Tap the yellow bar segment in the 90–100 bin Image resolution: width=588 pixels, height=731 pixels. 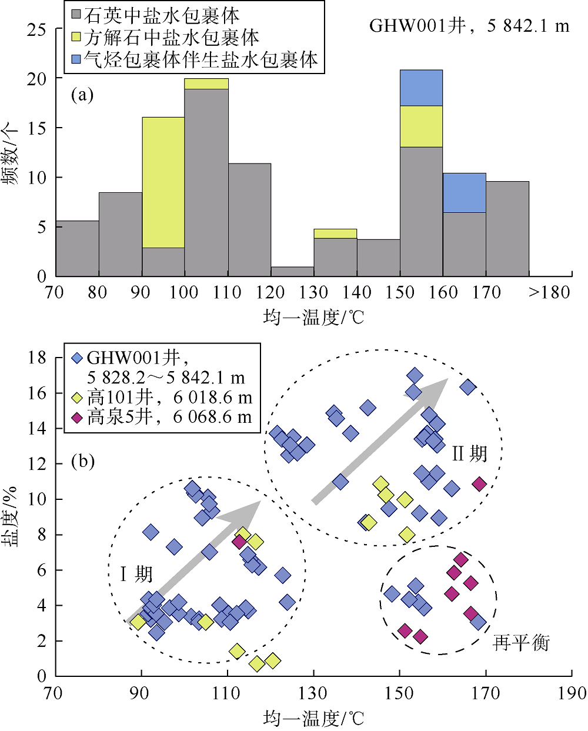pos(163,182)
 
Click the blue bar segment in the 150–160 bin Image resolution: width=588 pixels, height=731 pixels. pos(421,88)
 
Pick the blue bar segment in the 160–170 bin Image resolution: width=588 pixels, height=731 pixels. pos(464,193)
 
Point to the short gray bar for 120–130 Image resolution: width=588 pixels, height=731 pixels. pos(292,271)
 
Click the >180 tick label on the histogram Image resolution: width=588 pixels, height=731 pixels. pos(549,292)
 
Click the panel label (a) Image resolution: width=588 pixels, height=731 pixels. pos(82,95)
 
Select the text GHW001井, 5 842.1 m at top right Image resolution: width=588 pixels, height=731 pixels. pos(469,26)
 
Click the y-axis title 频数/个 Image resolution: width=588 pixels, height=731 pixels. pos(13,153)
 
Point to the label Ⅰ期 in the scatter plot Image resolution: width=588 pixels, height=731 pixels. pos(136,573)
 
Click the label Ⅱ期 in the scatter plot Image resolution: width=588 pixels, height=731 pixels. pos(469,453)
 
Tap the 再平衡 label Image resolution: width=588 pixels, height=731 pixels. pos(521,643)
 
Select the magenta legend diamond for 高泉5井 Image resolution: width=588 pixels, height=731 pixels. pos(76,418)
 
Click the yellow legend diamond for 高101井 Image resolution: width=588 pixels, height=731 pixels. pos(76,398)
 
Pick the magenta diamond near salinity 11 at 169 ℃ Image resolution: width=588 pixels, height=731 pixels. pos(479,484)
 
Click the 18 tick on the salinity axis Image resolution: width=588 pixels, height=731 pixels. pos(36,358)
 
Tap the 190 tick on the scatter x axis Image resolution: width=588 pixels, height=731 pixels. pos(572,693)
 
